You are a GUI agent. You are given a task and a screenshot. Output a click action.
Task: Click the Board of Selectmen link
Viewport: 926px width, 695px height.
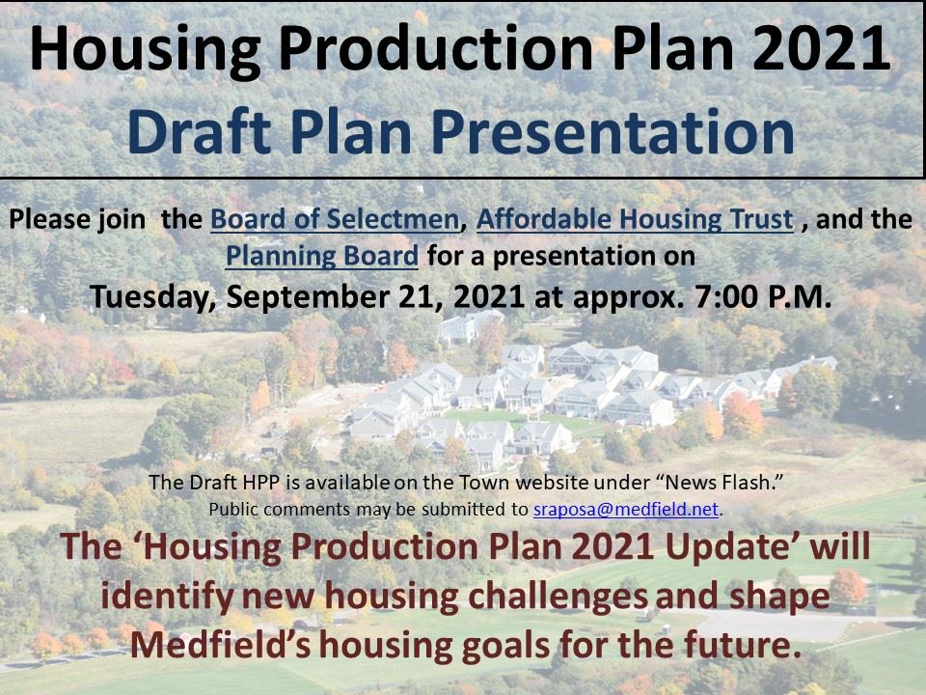(x=334, y=220)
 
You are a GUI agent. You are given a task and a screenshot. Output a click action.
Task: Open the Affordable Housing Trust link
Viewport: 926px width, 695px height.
(x=635, y=220)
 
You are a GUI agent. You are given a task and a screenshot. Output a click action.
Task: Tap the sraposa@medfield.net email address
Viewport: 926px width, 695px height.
(x=626, y=510)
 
